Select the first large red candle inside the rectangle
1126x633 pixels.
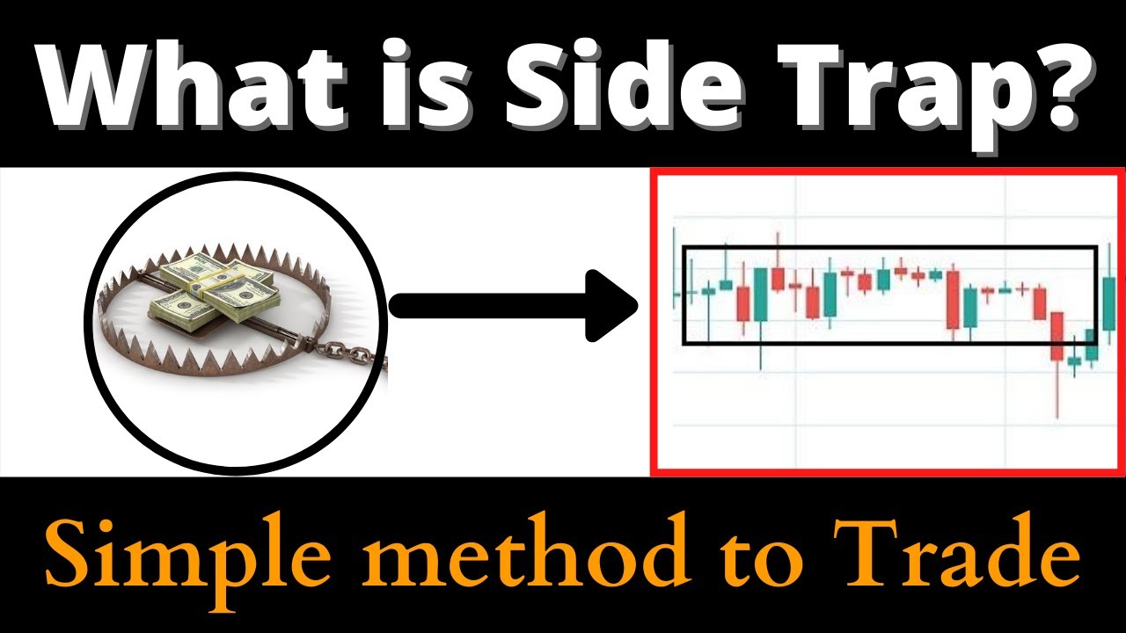(x=744, y=304)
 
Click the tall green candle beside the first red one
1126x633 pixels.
(x=761, y=295)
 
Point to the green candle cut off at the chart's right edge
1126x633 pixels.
(x=1109, y=304)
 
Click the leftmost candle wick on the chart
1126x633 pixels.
(x=675, y=264)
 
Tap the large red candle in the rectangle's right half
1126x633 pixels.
(x=953, y=299)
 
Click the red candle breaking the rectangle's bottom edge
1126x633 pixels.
(x=1058, y=335)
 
